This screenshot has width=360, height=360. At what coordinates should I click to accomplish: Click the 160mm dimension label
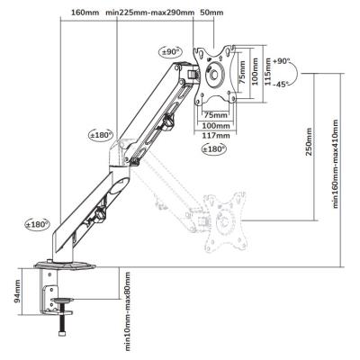(x=85, y=13)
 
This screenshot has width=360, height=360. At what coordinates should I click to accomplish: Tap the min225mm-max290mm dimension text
(x=150, y=13)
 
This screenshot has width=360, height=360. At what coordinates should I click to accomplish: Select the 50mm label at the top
(x=211, y=13)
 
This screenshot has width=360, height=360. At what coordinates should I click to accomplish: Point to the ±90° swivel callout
(x=170, y=51)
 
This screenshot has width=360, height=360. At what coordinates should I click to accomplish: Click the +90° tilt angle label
(x=281, y=61)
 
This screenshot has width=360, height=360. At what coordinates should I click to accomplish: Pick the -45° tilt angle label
(x=281, y=85)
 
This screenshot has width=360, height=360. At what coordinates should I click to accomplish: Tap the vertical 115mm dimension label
(x=267, y=72)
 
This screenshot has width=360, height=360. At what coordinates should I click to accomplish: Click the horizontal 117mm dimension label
(x=215, y=135)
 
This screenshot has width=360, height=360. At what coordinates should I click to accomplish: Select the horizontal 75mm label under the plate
(x=215, y=115)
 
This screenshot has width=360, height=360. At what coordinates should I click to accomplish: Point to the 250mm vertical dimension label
(x=309, y=142)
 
